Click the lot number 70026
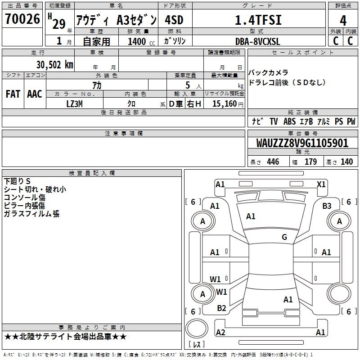22,19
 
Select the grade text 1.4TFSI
258,20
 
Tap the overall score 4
343,21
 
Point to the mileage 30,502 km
54,65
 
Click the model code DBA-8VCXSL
257,41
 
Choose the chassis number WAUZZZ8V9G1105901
302,143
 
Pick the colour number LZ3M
74,104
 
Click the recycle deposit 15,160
225,104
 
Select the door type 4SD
174,20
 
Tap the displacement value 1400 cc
141,41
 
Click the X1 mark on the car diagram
321,184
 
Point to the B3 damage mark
327,206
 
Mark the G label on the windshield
284,237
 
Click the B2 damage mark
221,308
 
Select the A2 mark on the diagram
220,333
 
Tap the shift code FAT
13,94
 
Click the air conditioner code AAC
35,94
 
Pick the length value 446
273,162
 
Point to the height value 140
346,162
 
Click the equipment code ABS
289,121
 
